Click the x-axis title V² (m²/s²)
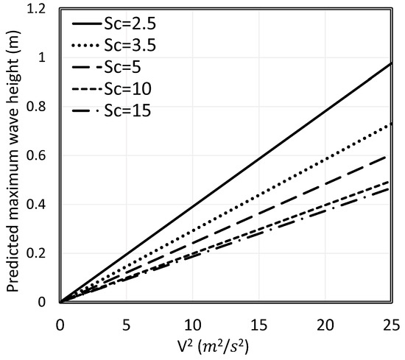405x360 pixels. pyautogui.click(x=225, y=345)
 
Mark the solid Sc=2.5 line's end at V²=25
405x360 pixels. pyautogui.click(x=390, y=64)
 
